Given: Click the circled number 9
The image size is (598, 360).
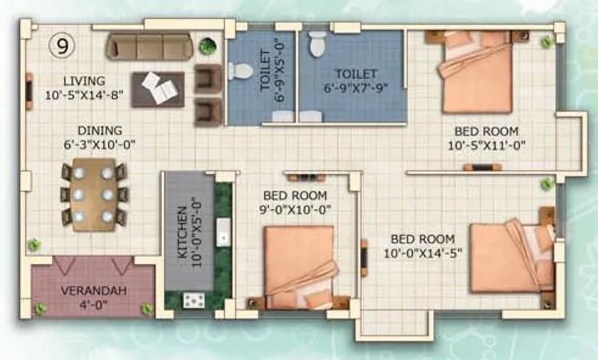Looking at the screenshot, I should click(x=62, y=46).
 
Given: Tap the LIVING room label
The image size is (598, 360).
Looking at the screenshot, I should click(x=84, y=80).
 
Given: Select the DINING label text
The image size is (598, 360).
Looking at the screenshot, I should click(x=100, y=130).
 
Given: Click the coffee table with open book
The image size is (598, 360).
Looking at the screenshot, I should click(x=162, y=88).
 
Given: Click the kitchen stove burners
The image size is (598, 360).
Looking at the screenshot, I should click(x=193, y=300).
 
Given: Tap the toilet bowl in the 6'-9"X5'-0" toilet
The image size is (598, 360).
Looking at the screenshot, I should click(x=240, y=72).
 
